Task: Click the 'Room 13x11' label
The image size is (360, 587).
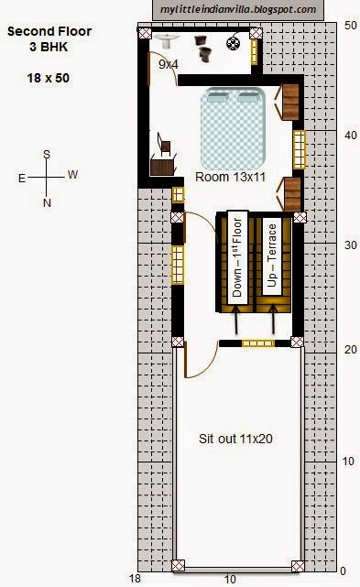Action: [231, 177]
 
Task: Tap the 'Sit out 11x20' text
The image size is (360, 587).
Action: [235, 439]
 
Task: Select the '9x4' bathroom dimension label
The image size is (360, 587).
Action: [169, 64]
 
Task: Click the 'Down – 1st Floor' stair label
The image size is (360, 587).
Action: [237, 257]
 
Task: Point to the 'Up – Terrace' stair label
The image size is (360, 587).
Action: [272, 256]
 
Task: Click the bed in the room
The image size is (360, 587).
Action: [233, 128]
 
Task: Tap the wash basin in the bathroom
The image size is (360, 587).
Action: [167, 40]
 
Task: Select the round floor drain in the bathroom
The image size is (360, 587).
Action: [233, 43]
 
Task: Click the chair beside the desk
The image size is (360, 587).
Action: [164, 144]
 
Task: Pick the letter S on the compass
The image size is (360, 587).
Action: [47, 154]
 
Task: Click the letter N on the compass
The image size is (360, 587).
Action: [47, 203]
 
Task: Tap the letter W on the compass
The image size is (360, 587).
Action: [73, 174]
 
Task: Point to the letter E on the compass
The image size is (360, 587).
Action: [22, 179]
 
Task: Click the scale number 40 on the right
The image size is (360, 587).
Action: [351, 135]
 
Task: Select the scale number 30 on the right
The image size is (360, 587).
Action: [351, 245]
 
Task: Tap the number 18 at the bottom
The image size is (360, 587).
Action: [135, 578]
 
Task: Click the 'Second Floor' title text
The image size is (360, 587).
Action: [49, 31]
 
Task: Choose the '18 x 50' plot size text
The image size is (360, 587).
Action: [48, 78]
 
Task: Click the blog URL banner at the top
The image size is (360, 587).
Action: [238, 10]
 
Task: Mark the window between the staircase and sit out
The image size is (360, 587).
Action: [258, 342]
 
